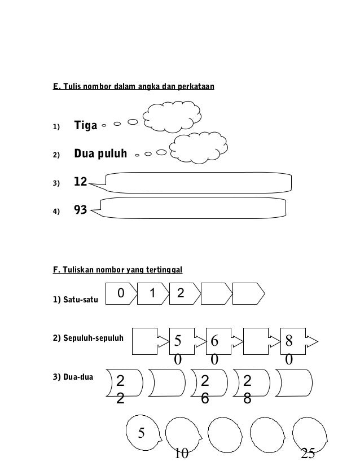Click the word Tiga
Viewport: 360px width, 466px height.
pyautogui.click(x=86, y=125)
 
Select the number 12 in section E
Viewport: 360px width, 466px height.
pyautogui.click(x=81, y=182)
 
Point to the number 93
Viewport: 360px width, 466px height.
pyautogui.click(x=81, y=210)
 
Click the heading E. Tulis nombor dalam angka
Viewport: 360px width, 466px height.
pyautogui.click(x=133, y=87)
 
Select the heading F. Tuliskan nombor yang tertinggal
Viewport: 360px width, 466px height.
pyautogui.click(x=117, y=270)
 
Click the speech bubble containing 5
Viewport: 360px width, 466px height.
pyautogui.click(x=144, y=433)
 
